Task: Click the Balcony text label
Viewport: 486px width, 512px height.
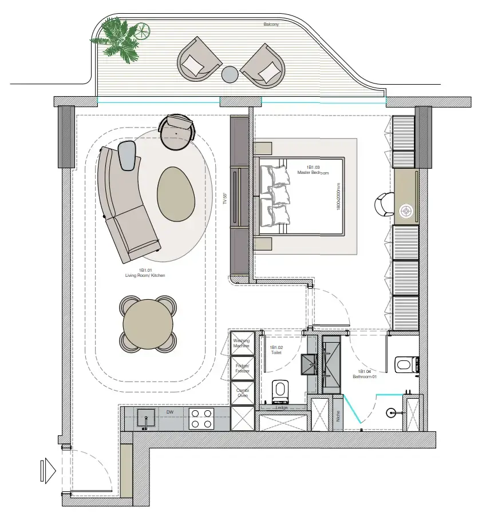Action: pos(271,25)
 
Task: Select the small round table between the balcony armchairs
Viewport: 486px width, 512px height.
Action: pos(230,74)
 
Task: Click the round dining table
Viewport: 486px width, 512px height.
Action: pos(148,322)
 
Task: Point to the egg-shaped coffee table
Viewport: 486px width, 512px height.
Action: pos(176,193)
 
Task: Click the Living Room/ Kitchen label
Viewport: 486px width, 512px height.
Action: pos(145,272)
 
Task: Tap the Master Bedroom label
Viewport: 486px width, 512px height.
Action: pos(313,170)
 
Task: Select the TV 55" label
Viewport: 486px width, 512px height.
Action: pos(225,199)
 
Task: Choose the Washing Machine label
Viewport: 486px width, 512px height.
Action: pos(241,343)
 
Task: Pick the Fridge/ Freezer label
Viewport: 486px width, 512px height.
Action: pos(242,368)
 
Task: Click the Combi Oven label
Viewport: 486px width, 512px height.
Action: pos(242,393)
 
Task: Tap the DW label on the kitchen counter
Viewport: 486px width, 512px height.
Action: pos(169,411)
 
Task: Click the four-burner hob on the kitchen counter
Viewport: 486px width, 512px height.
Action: pos(201,418)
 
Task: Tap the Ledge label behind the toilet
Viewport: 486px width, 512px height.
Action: pos(280,407)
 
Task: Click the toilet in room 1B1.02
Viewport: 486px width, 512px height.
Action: pos(280,390)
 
